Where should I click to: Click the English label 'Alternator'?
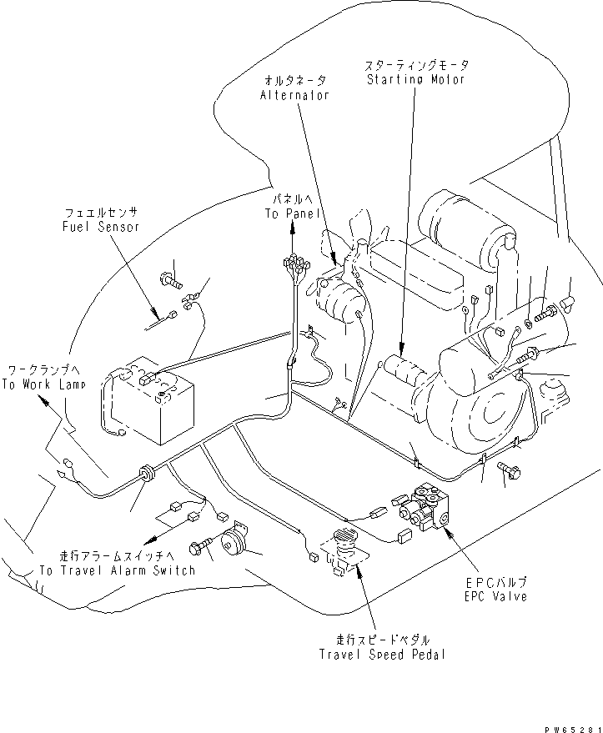coord(295,95)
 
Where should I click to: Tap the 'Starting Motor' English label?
coord(416,79)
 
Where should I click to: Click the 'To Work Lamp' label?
coord(38,384)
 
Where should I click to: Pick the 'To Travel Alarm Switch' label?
coord(117,570)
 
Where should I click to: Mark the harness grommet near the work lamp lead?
coord(149,474)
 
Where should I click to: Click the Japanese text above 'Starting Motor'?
coord(416,64)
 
